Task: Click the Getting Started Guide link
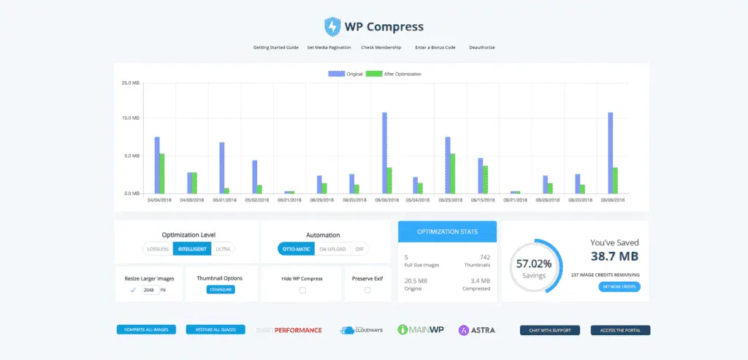point(276,47)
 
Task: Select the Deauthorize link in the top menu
point(482,47)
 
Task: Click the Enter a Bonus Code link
point(435,47)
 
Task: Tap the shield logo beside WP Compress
point(332,27)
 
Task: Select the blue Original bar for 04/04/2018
point(157,165)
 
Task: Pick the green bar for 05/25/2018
point(454,173)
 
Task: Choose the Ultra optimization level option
point(223,249)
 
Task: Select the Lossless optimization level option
point(158,249)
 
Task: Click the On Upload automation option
point(332,249)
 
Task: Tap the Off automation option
point(359,249)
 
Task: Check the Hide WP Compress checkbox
point(302,290)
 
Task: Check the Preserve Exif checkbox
point(367,290)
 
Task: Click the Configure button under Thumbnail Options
point(221,290)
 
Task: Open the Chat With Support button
point(549,330)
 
